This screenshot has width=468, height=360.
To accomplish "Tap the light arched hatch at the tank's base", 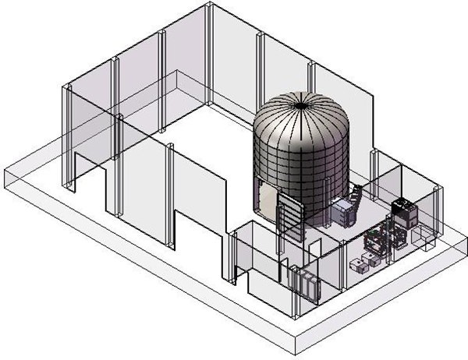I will pos(268,202).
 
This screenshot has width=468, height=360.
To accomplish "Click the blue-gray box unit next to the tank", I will pos(344,212).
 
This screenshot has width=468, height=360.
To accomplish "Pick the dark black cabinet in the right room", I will pos(403,211).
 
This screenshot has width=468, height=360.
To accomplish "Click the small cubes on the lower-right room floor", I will pos(362,265).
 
